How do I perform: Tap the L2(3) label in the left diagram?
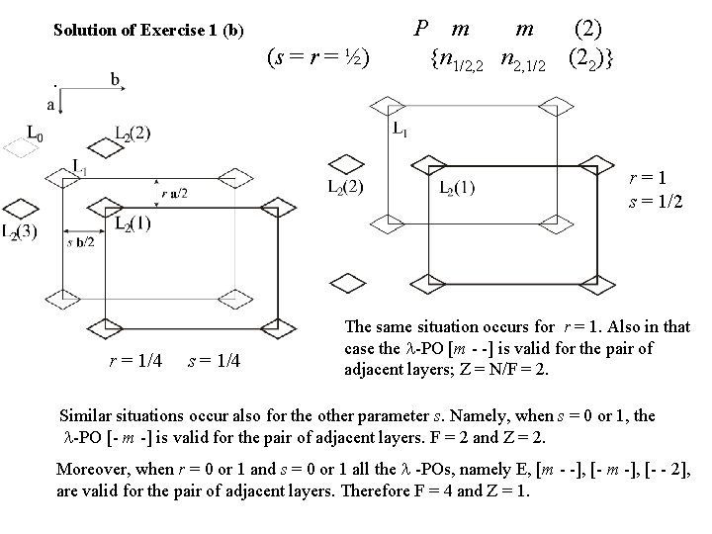click(17, 233)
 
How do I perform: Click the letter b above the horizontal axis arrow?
click(117, 78)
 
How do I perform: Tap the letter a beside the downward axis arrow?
click(49, 103)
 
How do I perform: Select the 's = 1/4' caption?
click(213, 361)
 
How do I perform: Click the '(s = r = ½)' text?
click(319, 59)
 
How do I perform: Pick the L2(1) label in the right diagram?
click(457, 190)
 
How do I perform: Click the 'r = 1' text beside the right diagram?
click(654, 180)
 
